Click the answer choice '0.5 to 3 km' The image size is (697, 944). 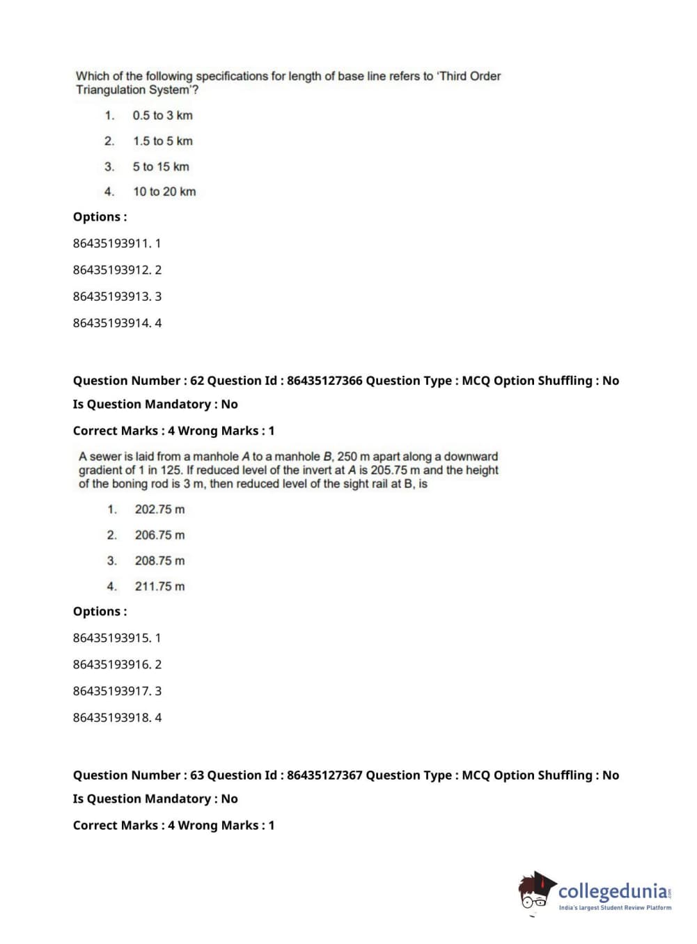tap(162, 116)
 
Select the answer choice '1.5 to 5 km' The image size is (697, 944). tap(163, 141)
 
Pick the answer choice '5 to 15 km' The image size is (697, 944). tap(161, 167)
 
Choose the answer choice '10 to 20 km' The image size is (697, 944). tap(164, 192)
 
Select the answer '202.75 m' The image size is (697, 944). tap(159, 510)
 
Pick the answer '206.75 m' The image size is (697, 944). tap(159, 535)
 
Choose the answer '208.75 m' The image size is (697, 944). tap(159, 561)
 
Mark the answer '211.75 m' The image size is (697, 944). tap(159, 587)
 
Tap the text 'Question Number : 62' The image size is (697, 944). tap(139, 381)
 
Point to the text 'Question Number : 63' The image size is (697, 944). tap(139, 776)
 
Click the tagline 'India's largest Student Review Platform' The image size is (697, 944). tap(615, 908)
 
